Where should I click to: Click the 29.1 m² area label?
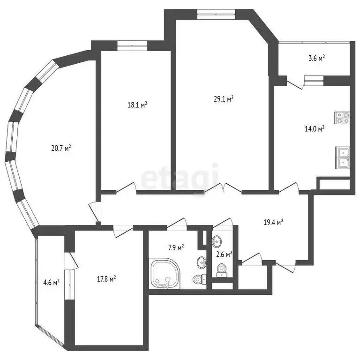[x=223, y=99]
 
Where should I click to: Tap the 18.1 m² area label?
[x=138, y=105]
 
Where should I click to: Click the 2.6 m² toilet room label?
[x=224, y=255]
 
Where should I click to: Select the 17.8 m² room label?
[x=106, y=279]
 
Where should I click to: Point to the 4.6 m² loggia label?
[x=50, y=282]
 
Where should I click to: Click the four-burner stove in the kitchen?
[x=342, y=117]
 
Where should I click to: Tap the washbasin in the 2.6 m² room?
[x=217, y=242]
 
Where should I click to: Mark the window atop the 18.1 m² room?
[x=132, y=46]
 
